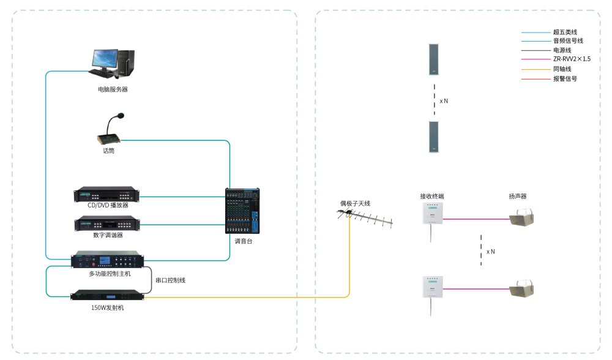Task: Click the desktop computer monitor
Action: [x=105, y=59]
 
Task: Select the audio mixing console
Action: [x=242, y=211]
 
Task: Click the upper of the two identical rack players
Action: [x=106, y=195]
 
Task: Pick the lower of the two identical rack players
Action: [x=106, y=223]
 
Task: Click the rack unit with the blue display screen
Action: [x=106, y=260]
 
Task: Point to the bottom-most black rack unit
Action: [x=107, y=294]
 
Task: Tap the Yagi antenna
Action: [x=365, y=217]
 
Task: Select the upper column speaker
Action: [x=434, y=59]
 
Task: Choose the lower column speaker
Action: [x=434, y=137]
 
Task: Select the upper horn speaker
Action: [x=522, y=218]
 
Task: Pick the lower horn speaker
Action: [x=522, y=288]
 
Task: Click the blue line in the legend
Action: [x=535, y=32]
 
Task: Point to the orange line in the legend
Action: [x=535, y=69]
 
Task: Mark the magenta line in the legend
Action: [x=535, y=59]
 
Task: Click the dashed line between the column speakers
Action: [x=435, y=98]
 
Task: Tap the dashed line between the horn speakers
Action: [x=482, y=250]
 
